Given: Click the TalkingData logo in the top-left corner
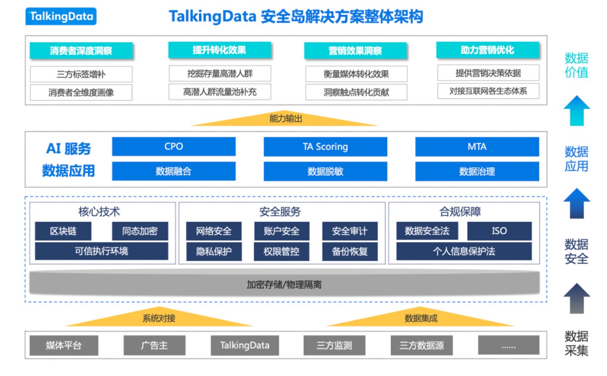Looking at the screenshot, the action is coord(61,16).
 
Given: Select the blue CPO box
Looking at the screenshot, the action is coord(174,146).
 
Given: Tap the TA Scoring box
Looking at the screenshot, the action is coord(325,146).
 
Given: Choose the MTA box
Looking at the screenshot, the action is coord(477,146).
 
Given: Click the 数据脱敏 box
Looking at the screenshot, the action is coord(325,171).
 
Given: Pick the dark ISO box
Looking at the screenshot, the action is coord(499,231).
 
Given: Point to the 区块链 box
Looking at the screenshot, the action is coord(63,231).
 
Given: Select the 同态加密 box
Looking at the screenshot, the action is coord(140,231).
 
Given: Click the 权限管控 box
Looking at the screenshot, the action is coord(281,252).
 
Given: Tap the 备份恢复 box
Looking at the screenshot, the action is coord(350,252).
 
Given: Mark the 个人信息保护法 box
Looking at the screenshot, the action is coord(464,251).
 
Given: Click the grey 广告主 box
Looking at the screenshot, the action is coord(154,345).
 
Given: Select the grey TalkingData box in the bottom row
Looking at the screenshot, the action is coord(245,345).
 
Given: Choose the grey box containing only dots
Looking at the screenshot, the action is coord(509,345).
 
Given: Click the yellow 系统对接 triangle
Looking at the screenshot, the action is coord(159,317).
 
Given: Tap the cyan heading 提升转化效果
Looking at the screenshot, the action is coord(219,50).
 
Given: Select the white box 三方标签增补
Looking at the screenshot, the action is coord(81,74).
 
